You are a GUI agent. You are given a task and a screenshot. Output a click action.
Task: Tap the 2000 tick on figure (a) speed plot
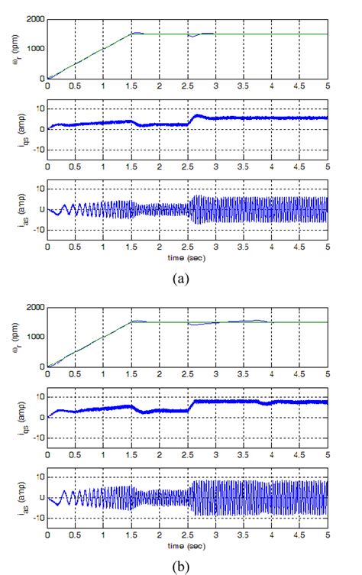(x=34, y=19)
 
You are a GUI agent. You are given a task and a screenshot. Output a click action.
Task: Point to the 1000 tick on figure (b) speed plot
(x=34, y=337)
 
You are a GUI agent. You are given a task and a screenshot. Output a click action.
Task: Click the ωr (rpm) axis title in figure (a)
(x=9, y=48)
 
